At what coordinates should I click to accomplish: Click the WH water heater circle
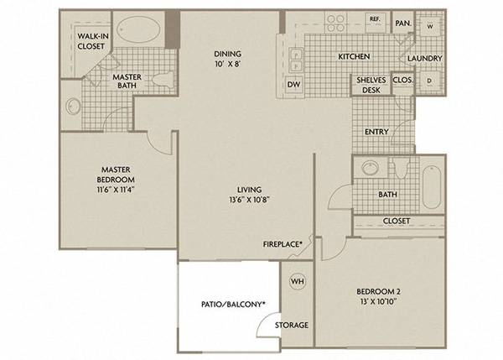298,282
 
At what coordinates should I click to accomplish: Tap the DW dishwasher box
294,85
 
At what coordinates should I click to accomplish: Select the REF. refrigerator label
375,19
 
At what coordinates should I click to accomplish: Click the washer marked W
429,26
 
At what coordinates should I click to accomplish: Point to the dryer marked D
429,81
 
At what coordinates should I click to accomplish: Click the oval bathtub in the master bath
138,29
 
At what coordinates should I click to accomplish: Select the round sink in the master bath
73,106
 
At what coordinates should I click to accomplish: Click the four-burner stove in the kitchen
335,23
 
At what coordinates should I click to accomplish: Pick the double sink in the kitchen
295,60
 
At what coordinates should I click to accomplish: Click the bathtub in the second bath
431,187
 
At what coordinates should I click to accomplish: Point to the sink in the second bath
370,167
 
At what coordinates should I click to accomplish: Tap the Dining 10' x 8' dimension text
228,64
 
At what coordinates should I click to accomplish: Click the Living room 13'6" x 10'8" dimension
249,200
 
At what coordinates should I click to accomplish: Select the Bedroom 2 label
378,291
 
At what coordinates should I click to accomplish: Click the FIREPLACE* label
283,244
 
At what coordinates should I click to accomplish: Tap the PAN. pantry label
403,23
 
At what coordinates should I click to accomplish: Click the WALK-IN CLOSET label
93,41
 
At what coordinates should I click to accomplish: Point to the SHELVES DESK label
371,85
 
